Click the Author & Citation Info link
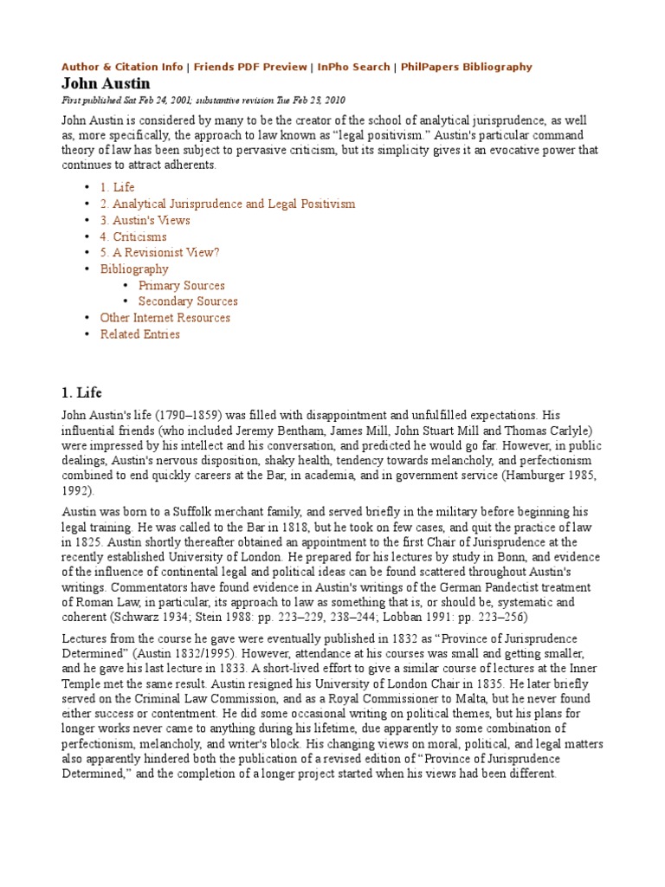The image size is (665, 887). point(121,67)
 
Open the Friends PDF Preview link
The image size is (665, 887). point(250,67)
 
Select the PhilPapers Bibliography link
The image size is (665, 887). point(465,67)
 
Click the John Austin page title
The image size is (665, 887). point(105,84)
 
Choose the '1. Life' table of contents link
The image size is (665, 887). point(117,187)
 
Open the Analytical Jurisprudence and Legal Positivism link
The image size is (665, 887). point(227,204)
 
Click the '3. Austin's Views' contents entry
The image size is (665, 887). point(145,220)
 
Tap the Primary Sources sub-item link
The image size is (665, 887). point(181,285)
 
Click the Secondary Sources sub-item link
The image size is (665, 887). point(188,301)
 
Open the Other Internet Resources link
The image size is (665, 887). point(165,318)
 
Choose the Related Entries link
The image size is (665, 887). point(139,334)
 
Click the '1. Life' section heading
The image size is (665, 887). point(81,393)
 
